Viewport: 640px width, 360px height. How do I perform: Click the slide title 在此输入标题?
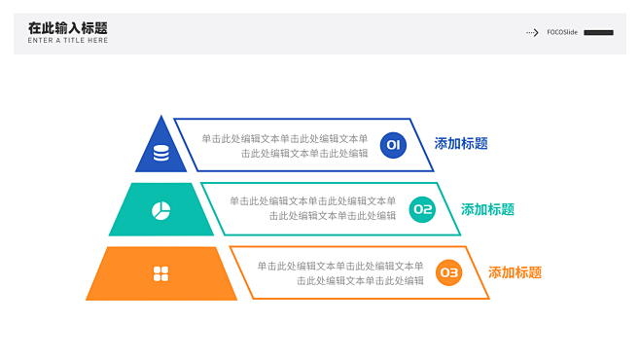point(68,28)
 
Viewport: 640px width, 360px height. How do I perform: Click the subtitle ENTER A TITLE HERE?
point(68,41)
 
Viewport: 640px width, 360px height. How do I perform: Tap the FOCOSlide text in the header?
point(562,32)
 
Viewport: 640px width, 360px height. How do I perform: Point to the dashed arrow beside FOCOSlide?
point(532,32)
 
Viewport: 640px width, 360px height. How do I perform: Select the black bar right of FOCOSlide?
point(598,32)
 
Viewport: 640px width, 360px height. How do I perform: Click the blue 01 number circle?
point(393,145)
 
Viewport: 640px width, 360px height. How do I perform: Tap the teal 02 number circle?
point(421,209)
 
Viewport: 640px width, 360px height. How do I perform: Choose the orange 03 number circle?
point(448,273)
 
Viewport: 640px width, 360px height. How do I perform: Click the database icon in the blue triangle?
point(160,153)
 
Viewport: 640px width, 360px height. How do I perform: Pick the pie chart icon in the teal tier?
point(160,210)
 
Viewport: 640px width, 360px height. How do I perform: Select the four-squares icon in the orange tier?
point(161,273)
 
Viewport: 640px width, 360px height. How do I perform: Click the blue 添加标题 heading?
point(461,144)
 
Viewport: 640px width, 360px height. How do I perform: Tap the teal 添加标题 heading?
point(487,209)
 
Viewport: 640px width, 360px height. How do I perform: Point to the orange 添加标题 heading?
point(515,273)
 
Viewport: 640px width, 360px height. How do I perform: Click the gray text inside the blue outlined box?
point(285,146)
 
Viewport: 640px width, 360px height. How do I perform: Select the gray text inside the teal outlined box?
point(312,208)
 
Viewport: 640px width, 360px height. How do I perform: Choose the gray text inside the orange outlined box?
point(340,272)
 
